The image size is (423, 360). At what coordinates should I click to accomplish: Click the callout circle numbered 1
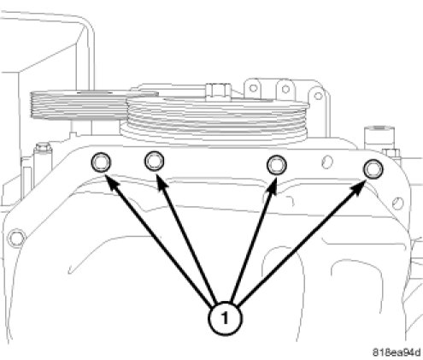click(226, 318)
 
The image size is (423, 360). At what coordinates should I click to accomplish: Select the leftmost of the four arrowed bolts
click(101, 162)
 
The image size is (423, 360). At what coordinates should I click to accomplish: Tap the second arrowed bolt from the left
click(155, 161)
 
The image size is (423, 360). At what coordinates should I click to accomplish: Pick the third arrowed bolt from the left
click(277, 165)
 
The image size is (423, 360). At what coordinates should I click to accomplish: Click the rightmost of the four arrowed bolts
click(373, 169)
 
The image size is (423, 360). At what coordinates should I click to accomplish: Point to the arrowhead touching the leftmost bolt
click(110, 182)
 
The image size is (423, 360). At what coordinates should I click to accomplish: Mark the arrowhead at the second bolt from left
click(162, 182)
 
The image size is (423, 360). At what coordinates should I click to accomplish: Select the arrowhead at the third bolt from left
click(272, 186)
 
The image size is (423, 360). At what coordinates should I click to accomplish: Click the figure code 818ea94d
click(397, 352)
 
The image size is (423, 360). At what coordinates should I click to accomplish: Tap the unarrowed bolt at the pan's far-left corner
click(16, 238)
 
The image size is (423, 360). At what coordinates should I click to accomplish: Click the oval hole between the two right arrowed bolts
click(327, 162)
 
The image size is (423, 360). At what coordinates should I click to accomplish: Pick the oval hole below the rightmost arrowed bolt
click(398, 203)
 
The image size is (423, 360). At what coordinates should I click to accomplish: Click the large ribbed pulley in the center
click(215, 120)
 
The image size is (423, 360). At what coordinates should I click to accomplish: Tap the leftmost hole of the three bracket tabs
click(253, 88)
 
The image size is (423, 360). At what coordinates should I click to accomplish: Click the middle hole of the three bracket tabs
click(285, 89)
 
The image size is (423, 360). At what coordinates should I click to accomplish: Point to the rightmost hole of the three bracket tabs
click(319, 96)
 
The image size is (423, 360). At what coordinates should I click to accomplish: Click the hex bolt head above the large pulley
click(218, 91)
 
